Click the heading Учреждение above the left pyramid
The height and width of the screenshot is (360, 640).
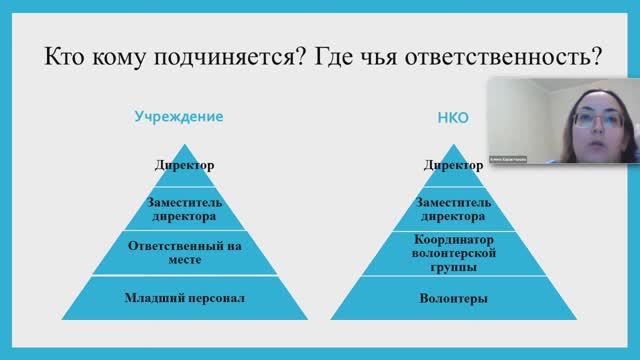(x=179, y=116)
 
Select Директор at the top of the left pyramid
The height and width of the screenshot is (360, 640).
(x=184, y=165)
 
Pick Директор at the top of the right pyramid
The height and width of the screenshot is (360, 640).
(x=453, y=165)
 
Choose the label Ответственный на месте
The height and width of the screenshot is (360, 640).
(x=185, y=252)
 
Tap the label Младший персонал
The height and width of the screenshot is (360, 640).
(x=185, y=298)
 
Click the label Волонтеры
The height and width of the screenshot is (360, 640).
(x=453, y=298)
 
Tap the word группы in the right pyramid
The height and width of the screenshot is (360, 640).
(x=453, y=267)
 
